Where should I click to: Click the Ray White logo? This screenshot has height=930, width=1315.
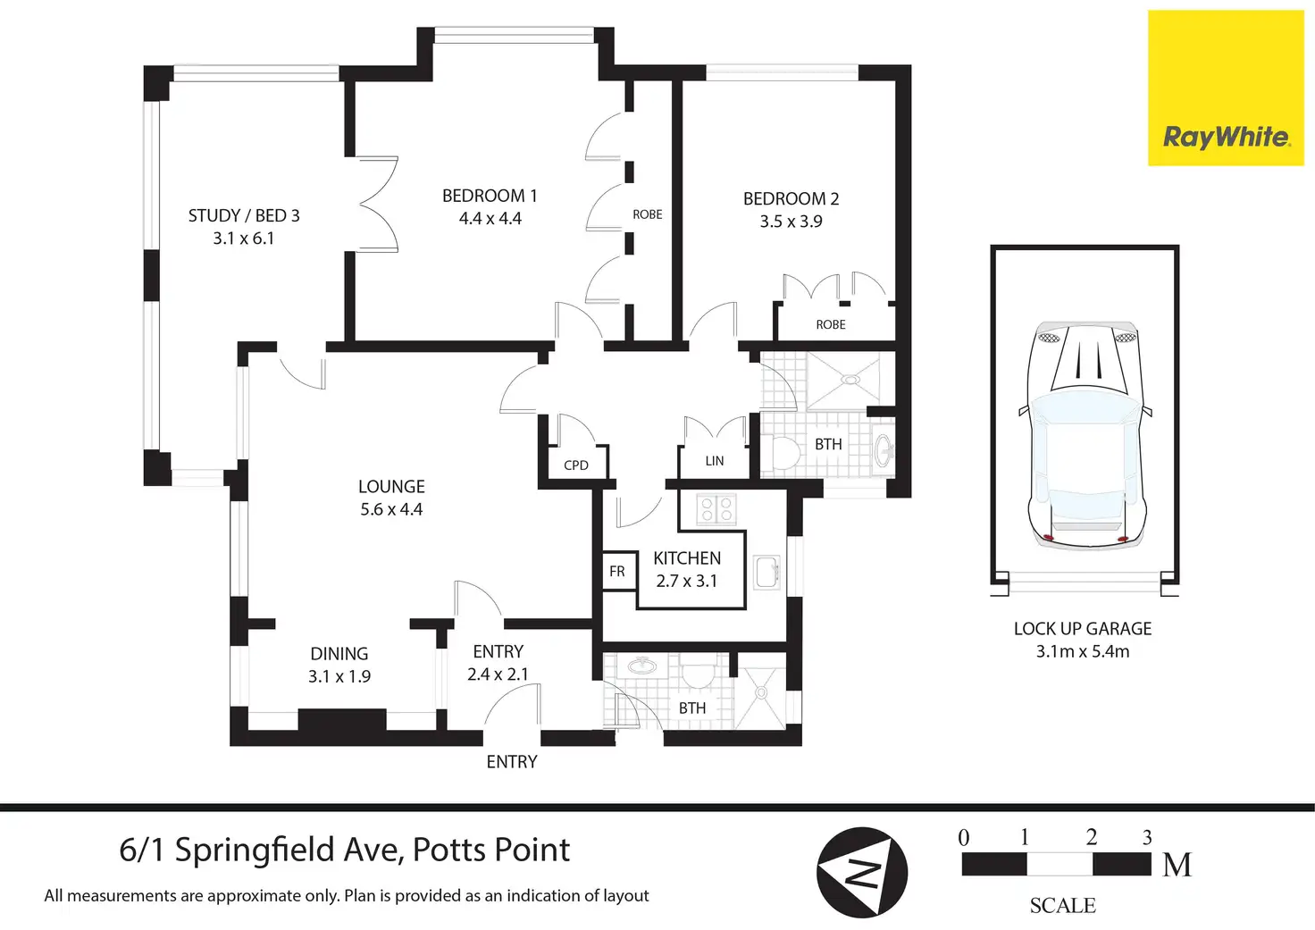pyautogui.click(x=1226, y=88)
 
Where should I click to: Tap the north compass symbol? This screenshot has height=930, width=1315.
pyautogui.click(x=862, y=873)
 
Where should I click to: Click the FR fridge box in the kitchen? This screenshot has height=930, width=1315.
pyautogui.click(x=619, y=571)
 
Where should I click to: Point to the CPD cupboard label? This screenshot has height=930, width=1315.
pyautogui.click(x=576, y=465)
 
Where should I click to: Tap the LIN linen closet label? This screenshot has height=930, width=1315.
pyautogui.click(x=715, y=462)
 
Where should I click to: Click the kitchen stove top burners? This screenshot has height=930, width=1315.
pyautogui.click(x=716, y=508)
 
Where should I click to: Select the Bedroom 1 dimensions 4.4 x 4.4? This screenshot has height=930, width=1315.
pyautogui.click(x=490, y=218)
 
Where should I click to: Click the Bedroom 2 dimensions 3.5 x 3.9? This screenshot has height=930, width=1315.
pyautogui.click(x=791, y=222)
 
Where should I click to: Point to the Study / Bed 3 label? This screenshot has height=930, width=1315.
pyautogui.click(x=244, y=215)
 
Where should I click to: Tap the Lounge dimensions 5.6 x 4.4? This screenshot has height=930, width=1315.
pyautogui.click(x=391, y=509)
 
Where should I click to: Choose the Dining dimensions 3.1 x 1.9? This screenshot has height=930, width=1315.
pyautogui.click(x=339, y=676)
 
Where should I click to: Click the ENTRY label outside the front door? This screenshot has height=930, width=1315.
pyautogui.click(x=512, y=761)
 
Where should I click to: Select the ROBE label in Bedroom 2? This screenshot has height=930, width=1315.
pyautogui.click(x=831, y=324)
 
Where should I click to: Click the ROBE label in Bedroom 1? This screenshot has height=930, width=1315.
pyautogui.click(x=648, y=215)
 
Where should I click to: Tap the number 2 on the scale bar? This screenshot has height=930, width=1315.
pyautogui.click(x=1092, y=837)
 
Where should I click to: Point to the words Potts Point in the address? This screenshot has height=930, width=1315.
pyautogui.click(x=491, y=850)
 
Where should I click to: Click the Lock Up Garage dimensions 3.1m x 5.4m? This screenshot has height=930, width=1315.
pyautogui.click(x=1083, y=651)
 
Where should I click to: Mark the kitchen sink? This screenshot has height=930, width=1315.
pyautogui.click(x=766, y=572)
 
